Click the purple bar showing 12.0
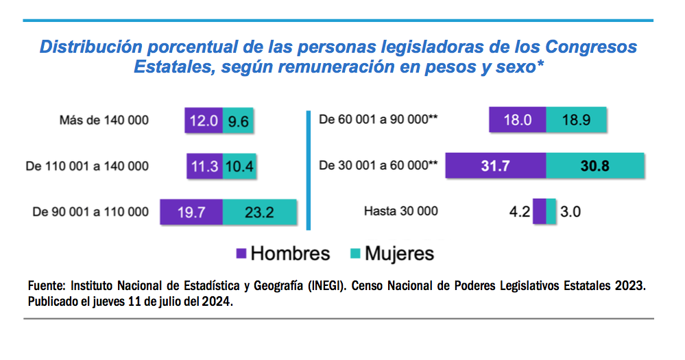(203, 120)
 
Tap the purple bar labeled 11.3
(204, 166)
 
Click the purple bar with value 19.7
(191, 212)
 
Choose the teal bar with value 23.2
(260, 212)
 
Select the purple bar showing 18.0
(518, 119)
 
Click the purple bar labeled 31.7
(496, 165)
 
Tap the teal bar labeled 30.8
(595, 165)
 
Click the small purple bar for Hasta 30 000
(539, 211)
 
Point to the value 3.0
(570, 211)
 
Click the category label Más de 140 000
(104, 121)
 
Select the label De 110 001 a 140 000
(86, 166)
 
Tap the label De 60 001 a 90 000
(378, 119)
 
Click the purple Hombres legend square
(241, 253)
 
